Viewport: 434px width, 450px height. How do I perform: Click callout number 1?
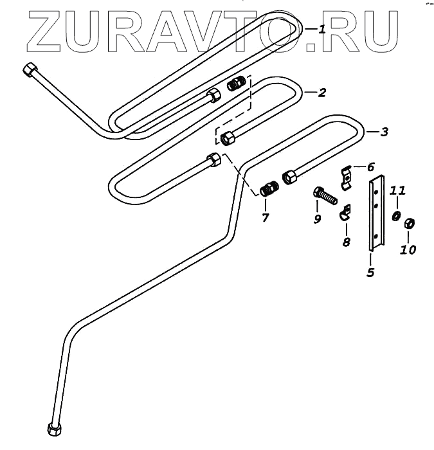321,29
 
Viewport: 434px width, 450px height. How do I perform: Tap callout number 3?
384,132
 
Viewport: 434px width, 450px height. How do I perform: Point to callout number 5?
370,272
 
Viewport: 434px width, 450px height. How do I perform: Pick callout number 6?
370,166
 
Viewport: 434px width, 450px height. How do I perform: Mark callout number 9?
317,219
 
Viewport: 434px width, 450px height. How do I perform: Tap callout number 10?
408,249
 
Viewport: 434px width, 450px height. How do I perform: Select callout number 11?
398,191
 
